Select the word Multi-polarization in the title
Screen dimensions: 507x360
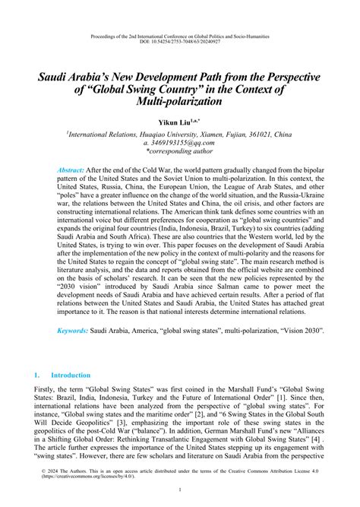pyautogui.click(x=180, y=100)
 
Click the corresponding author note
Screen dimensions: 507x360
pyautogui.click(x=179, y=151)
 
